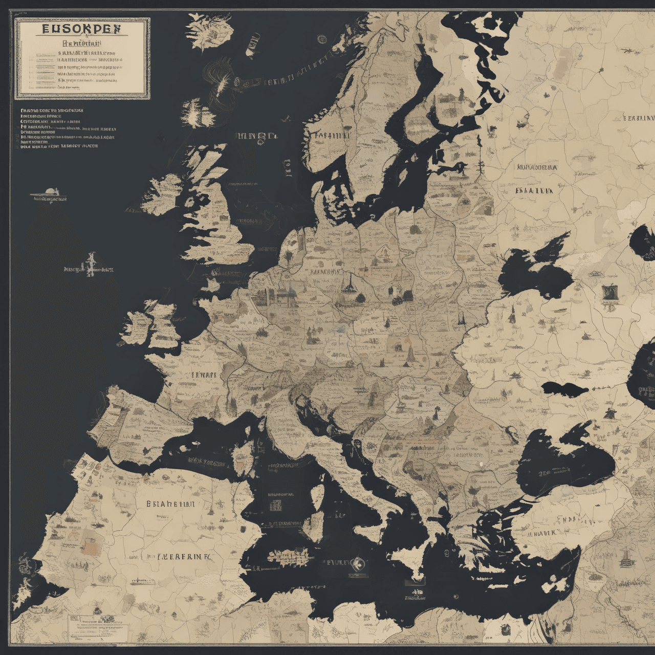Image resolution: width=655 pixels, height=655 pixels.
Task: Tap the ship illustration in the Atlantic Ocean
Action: click(49, 195)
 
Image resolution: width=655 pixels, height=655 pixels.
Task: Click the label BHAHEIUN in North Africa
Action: click(170, 503)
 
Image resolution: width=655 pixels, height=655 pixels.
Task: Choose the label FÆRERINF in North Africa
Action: click(179, 556)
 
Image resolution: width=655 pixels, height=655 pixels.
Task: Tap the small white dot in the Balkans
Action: click(481, 464)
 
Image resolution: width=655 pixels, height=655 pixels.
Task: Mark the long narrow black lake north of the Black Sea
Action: click(565, 387)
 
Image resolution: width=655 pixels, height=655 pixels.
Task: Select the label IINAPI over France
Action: click(204, 375)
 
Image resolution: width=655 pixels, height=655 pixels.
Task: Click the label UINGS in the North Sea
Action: click(257, 137)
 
